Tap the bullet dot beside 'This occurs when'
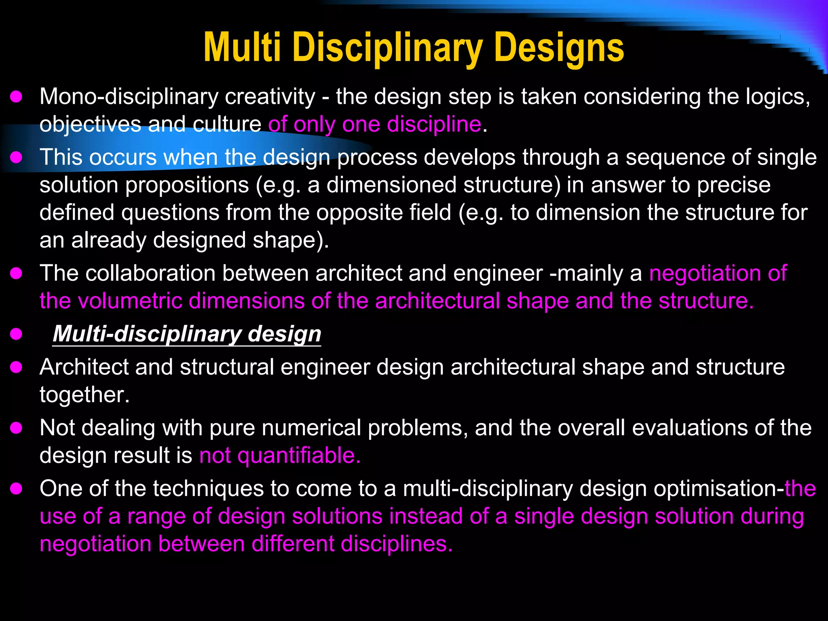[16, 157]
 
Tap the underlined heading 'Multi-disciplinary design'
[187, 334]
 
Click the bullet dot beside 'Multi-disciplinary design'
[16, 334]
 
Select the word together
[84, 395]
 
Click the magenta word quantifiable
[298, 456]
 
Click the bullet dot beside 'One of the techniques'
[16, 489]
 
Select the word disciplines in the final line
[396, 544]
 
